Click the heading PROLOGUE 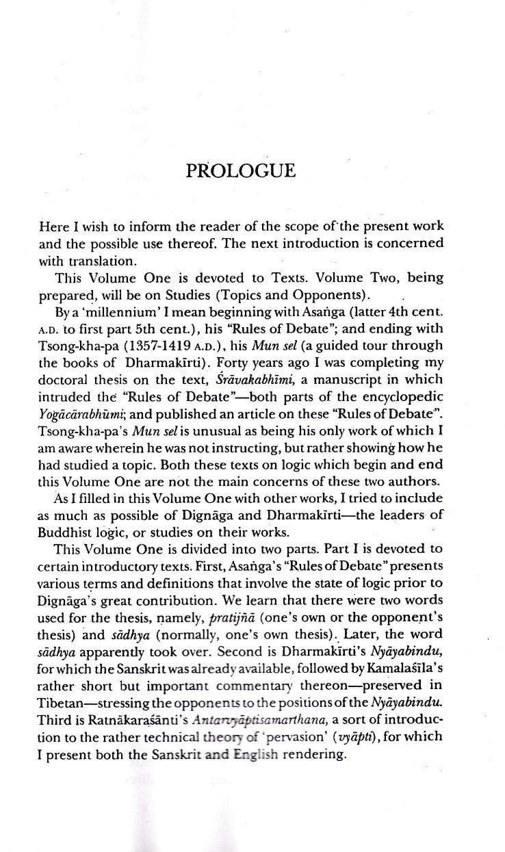(x=241, y=170)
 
